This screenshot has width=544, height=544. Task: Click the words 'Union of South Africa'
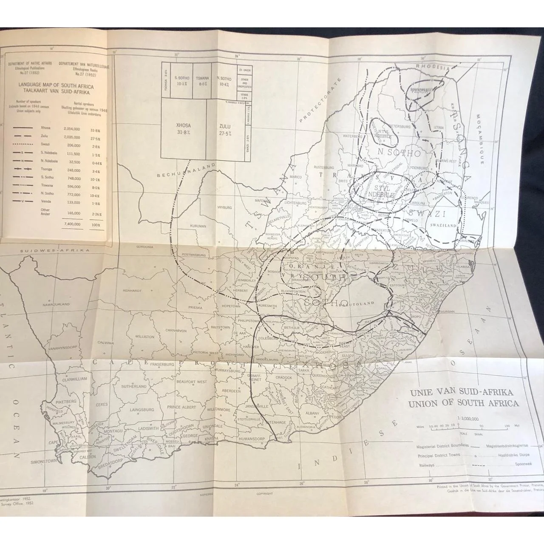click(x=462, y=403)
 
